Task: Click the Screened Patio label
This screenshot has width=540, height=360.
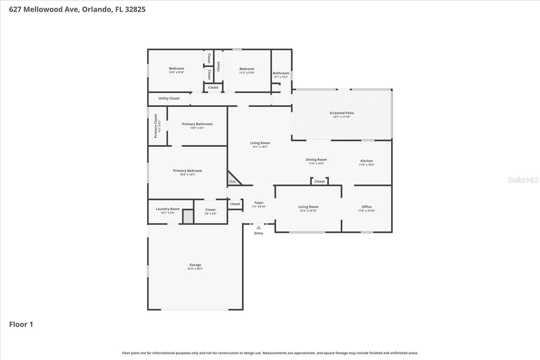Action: (x=342, y=113)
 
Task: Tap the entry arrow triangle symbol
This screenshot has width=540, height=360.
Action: (x=259, y=227)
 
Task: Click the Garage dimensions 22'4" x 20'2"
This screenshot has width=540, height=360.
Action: (x=195, y=269)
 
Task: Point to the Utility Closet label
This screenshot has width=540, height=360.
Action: (x=169, y=99)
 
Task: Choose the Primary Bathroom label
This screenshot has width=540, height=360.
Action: (x=197, y=124)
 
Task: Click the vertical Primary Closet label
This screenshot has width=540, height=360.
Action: (x=156, y=126)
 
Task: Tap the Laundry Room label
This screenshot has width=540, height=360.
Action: (x=167, y=209)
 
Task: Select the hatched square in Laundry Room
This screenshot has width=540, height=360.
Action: (x=188, y=216)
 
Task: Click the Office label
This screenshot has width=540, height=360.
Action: (x=367, y=207)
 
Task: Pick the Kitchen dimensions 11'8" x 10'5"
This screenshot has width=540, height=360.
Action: (x=367, y=165)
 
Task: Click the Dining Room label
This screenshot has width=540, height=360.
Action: (x=316, y=160)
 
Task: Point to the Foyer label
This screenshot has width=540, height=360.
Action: (x=259, y=203)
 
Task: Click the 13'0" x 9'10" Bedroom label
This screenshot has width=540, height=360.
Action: (x=177, y=68)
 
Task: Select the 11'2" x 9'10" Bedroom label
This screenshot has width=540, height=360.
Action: (x=247, y=69)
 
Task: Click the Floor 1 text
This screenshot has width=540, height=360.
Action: (x=21, y=324)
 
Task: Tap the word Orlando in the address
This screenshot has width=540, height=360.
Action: (x=97, y=9)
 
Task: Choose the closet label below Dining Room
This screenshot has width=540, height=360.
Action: (x=319, y=182)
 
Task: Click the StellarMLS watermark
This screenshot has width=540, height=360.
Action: (x=523, y=180)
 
